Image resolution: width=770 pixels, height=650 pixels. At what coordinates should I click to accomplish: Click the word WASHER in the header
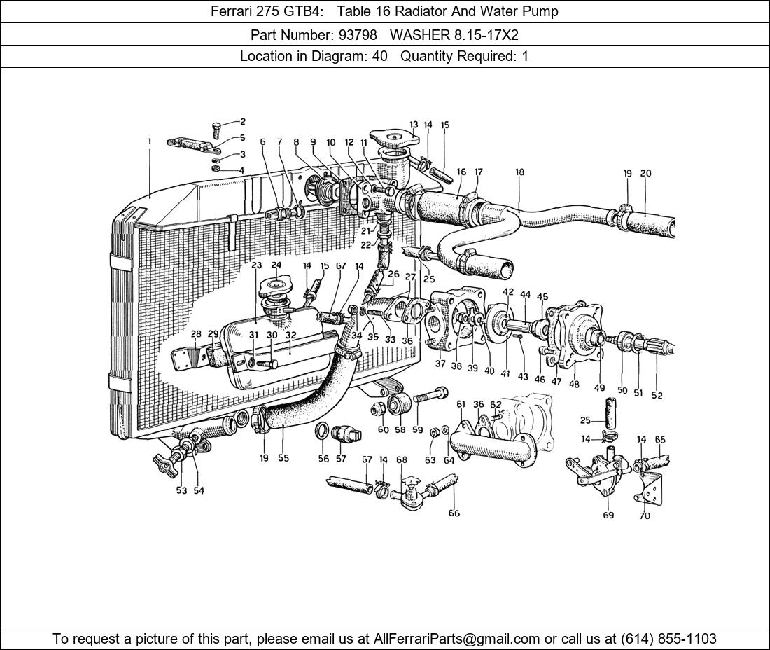click(x=417, y=34)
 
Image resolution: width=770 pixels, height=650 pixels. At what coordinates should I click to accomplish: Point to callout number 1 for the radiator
click(x=149, y=141)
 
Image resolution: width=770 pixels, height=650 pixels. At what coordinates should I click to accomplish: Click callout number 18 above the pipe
click(x=519, y=172)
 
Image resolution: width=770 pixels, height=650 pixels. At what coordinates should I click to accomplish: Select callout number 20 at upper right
click(x=645, y=173)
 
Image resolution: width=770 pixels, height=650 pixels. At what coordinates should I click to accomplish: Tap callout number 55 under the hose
click(x=283, y=458)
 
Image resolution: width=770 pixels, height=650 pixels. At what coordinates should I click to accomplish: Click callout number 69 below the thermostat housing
click(x=608, y=516)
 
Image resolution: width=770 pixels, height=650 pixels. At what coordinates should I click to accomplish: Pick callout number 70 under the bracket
click(x=644, y=516)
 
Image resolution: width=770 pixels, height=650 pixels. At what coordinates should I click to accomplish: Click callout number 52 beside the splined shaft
click(x=657, y=395)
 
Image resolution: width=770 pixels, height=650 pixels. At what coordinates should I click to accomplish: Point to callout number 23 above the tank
click(x=256, y=265)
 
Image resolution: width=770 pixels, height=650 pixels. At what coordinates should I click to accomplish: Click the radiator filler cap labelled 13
click(x=395, y=138)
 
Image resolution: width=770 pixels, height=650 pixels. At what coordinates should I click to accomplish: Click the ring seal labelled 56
click(x=323, y=430)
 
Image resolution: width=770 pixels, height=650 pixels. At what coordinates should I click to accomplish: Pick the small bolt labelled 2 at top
click(x=218, y=128)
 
